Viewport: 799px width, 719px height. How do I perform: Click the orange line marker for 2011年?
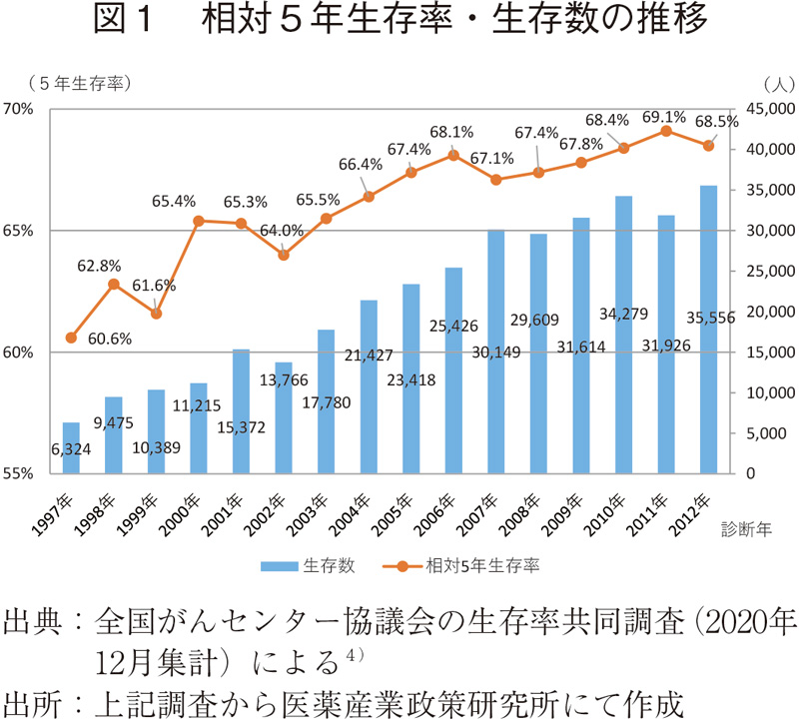[x=666, y=131]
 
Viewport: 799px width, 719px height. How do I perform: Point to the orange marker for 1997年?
[x=71, y=338]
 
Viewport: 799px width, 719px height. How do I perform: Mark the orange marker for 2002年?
[x=284, y=255]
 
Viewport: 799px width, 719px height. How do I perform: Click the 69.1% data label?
[x=663, y=116]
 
